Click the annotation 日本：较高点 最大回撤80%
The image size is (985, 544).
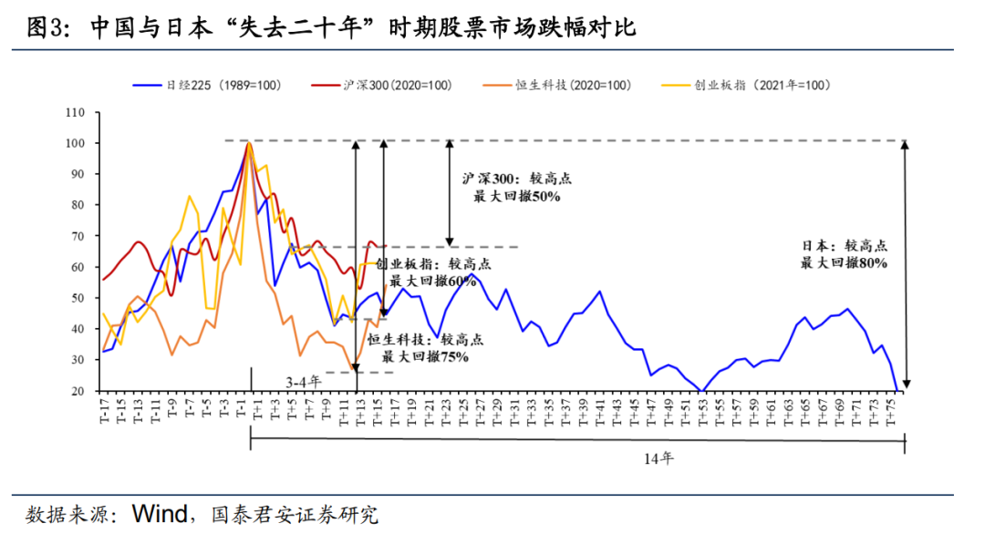tap(844, 253)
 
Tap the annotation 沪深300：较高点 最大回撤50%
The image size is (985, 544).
tap(516, 187)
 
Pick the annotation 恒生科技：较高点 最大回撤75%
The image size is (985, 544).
tap(425, 347)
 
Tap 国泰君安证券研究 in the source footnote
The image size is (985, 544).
tap(294, 514)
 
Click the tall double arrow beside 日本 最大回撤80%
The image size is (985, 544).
tap(905, 265)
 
